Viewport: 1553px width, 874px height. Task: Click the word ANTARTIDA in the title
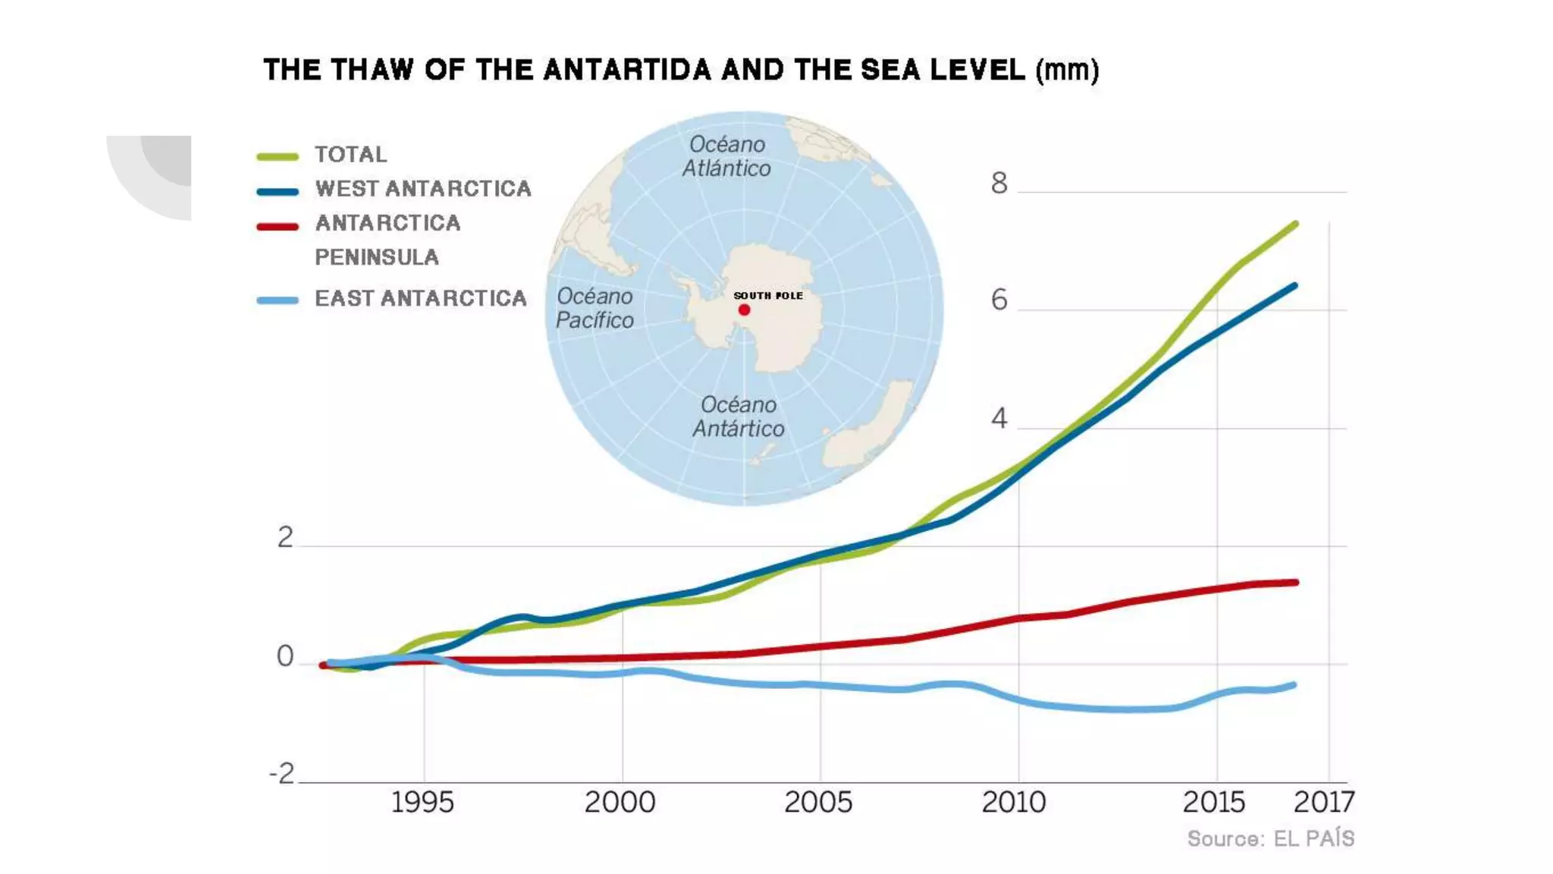click(628, 70)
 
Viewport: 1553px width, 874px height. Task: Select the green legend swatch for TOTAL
click(278, 156)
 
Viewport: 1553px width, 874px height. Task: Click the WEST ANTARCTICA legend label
click(423, 188)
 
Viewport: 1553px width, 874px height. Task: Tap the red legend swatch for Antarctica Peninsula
click(278, 226)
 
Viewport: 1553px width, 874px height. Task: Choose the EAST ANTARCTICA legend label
click(421, 298)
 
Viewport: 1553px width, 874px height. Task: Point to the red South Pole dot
click(744, 310)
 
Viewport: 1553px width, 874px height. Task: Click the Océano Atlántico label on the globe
click(726, 156)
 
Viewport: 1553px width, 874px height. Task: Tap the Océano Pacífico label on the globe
click(595, 308)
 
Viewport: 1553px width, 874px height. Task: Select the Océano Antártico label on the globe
click(738, 417)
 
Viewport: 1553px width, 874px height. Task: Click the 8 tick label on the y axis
click(999, 184)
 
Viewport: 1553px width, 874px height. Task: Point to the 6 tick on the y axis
click(999, 300)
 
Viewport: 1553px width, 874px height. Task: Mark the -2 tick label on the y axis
click(282, 774)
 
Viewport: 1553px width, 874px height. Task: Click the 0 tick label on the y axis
click(285, 656)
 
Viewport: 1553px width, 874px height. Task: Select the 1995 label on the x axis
click(422, 802)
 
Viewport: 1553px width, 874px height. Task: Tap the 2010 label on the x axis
click(1014, 802)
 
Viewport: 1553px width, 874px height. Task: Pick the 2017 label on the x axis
click(1324, 802)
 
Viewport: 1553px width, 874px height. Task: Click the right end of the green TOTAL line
click(1294, 225)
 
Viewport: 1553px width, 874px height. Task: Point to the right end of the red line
click(1295, 583)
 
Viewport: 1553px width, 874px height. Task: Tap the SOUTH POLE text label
click(768, 296)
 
